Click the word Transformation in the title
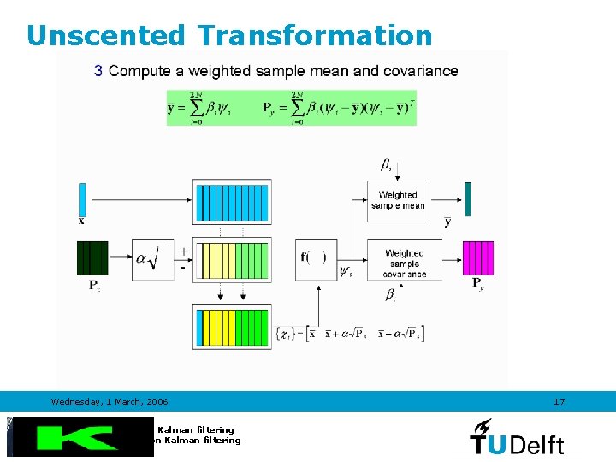[x=315, y=36]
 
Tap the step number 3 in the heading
[x=99, y=71]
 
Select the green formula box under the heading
[x=291, y=108]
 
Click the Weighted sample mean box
[x=398, y=201]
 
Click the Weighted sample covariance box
[x=404, y=263]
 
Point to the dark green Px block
[x=92, y=258]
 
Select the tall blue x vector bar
[x=82, y=198]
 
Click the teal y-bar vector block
[x=468, y=199]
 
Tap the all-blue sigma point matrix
[x=232, y=202]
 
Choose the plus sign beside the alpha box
[x=184, y=251]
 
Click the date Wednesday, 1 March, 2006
[x=110, y=401]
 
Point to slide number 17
[x=559, y=401]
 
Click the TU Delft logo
[x=517, y=437]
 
